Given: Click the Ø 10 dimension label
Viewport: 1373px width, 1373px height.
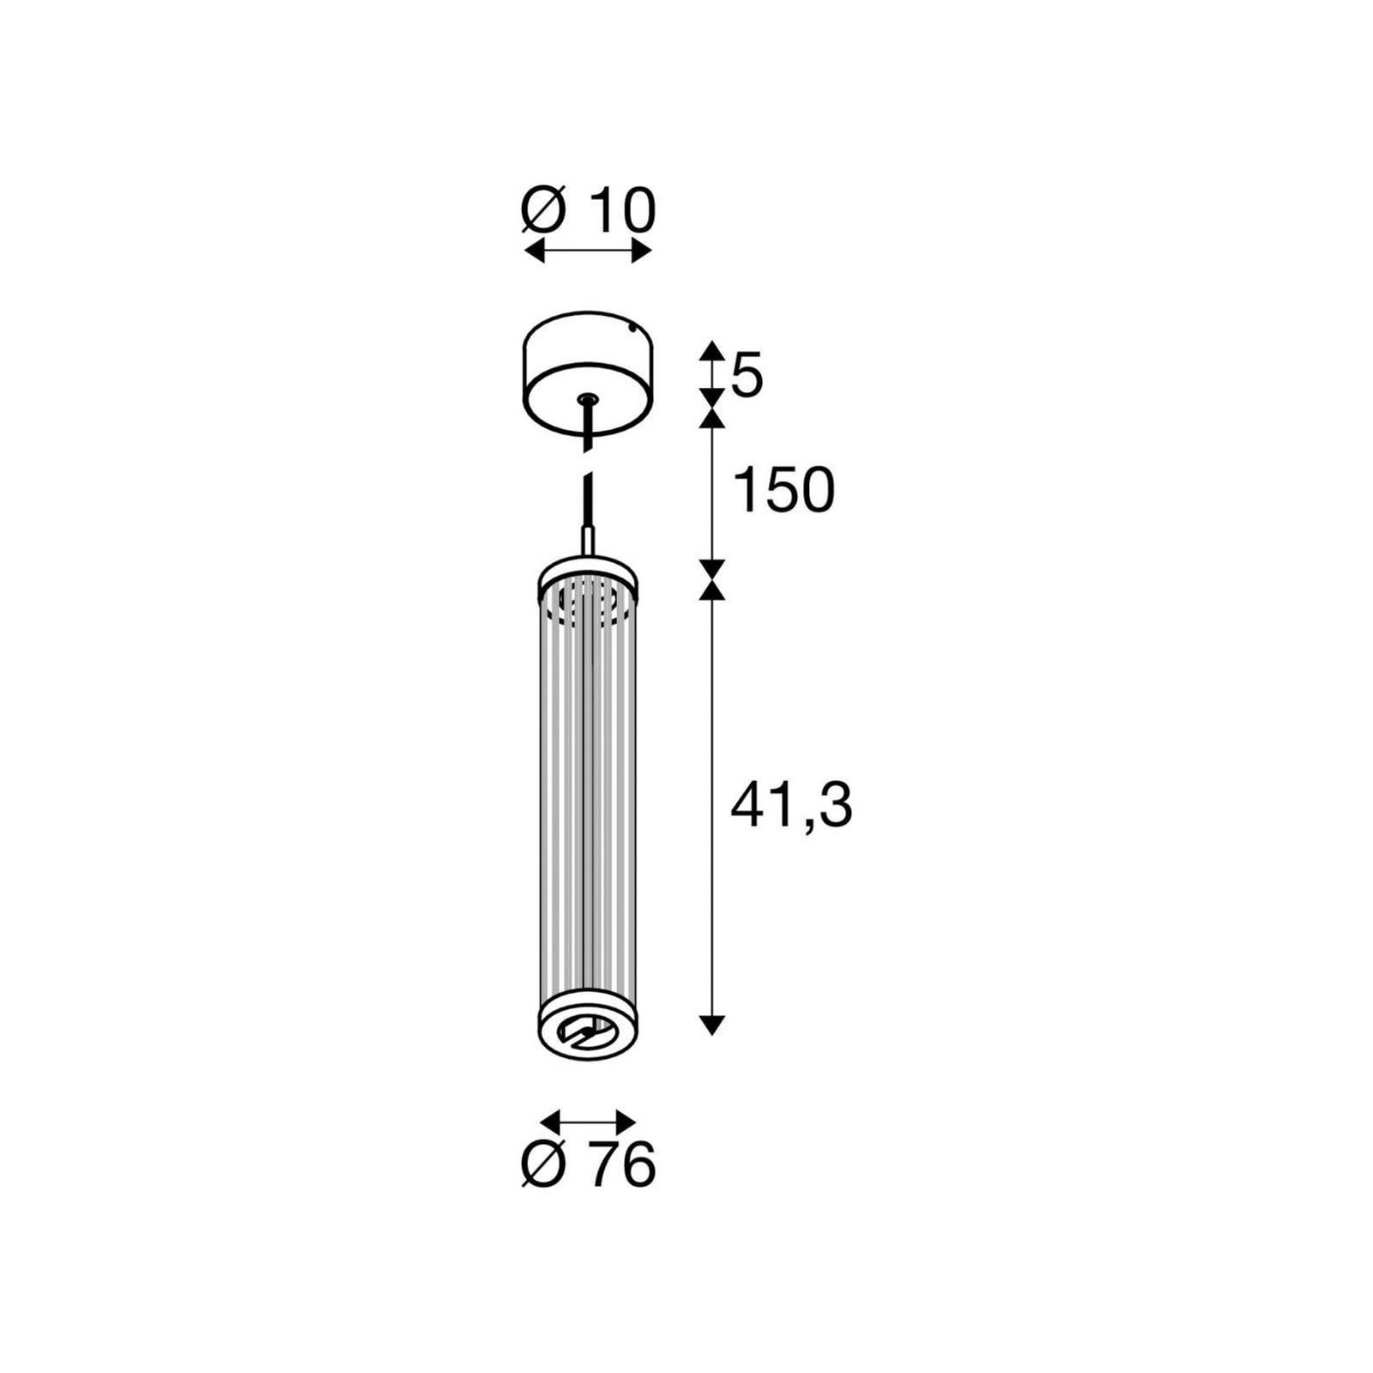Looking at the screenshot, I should (589, 211).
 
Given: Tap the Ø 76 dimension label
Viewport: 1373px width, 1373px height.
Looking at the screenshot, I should (589, 1165).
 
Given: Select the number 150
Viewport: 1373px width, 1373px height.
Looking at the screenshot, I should (783, 491).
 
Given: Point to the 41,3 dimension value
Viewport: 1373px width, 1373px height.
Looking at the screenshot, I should (790, 806).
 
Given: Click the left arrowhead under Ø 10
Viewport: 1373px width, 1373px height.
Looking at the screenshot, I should (534, 251).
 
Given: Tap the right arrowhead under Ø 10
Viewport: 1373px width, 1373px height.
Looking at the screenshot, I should (642, 251).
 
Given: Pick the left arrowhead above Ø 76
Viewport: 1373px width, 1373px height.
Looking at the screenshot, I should (549, 1121).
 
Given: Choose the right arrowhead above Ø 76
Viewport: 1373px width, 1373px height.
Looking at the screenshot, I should (626, 1121).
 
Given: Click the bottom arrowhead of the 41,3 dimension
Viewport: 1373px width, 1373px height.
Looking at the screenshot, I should (711, 1025).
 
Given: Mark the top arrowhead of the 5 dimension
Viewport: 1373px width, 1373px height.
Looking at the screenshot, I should (711, 349).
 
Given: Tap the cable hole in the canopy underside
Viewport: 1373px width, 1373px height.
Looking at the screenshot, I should (588, 399).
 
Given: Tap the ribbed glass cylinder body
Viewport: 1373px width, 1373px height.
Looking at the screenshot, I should (588, 798).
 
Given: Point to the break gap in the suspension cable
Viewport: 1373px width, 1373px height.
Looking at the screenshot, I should (588, 462).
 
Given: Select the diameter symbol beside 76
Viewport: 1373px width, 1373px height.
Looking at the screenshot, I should (544, 1165).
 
